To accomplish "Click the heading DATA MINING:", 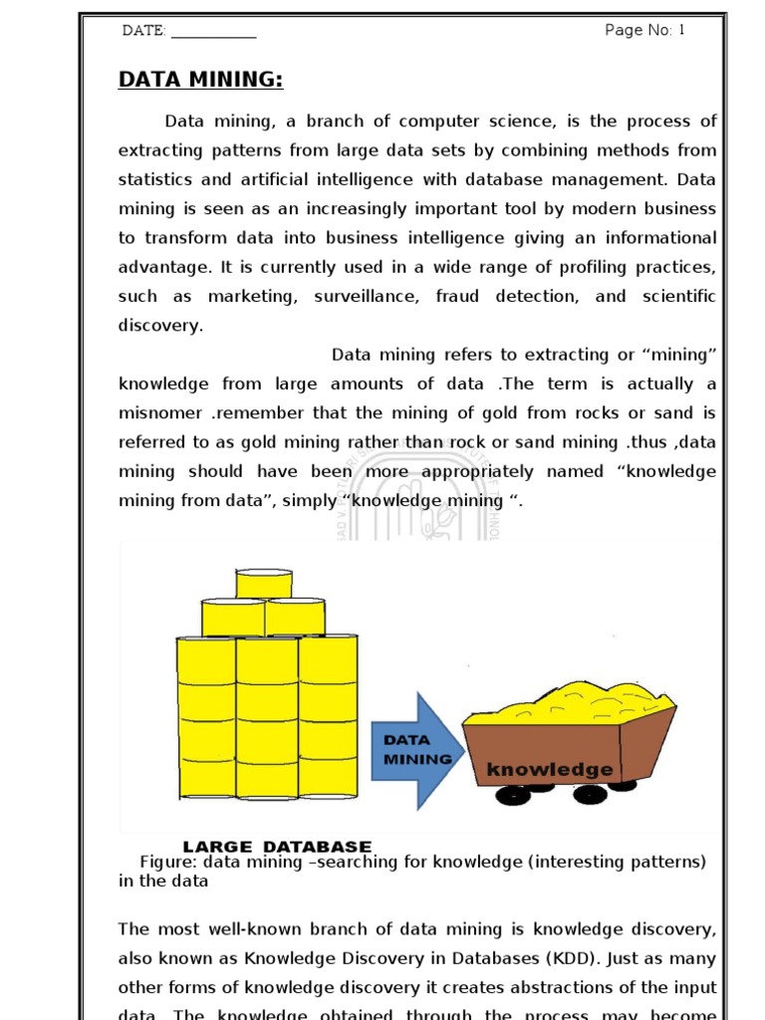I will [201, 80].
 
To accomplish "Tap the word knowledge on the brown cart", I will [549, 770].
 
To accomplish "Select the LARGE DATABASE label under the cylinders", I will [277, 847].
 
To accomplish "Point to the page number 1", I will [682, 30].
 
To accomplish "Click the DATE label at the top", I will [143, 31].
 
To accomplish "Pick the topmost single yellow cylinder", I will [264, 584].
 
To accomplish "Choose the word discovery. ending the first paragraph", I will [160, 326].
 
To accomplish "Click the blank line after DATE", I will [213, 33].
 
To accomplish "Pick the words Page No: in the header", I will [638, 30].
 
